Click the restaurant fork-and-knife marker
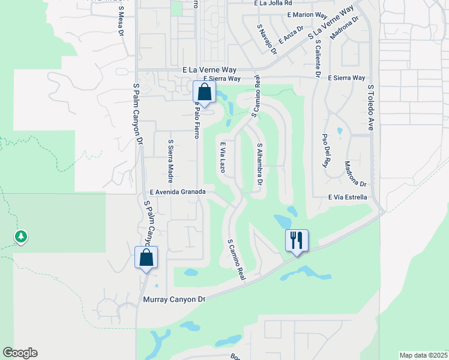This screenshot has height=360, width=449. click(x=297, y=240)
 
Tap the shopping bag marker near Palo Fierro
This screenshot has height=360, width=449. click(x=204, y=92)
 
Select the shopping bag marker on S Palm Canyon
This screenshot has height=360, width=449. click(x=146, y=257)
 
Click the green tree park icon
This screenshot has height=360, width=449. click(x=21, y=237)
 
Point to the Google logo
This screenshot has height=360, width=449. click(x=20, y=353)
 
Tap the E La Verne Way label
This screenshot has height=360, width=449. click(x=210, y=70)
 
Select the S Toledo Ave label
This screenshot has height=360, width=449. click(x=371, y=107)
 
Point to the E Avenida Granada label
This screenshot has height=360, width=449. click(x=178, y=191)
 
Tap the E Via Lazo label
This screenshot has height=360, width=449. click(x=223, y=157)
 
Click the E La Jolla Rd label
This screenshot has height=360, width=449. click(x=273, y=3)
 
